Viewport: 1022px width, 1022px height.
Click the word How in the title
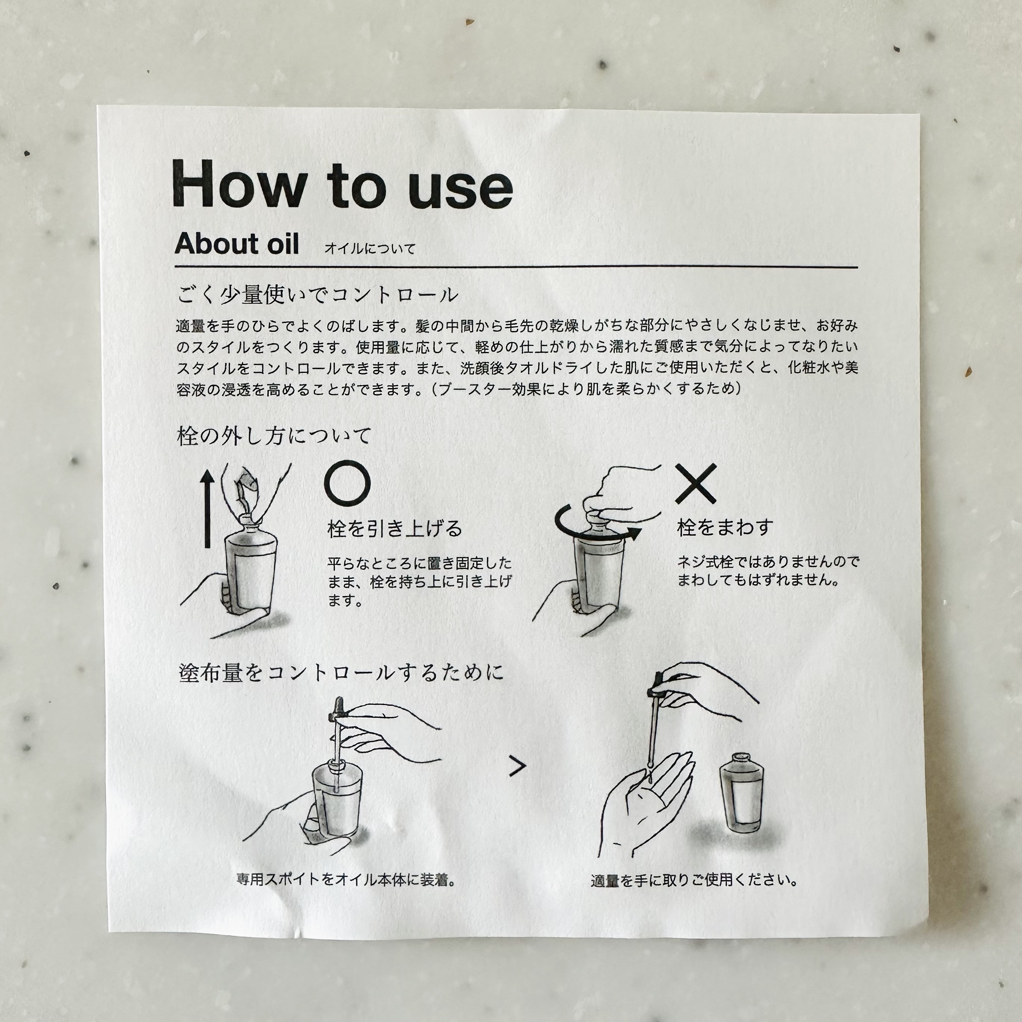point(240,184)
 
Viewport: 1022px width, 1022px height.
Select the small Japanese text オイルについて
point(370,248)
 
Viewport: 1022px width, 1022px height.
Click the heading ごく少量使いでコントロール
point(317,295)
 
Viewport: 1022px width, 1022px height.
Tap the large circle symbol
point(348,483)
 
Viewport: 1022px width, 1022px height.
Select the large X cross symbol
point(696,483)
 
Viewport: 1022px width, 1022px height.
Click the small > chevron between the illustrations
point(517,766)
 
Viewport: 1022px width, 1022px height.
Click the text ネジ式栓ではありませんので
point(768,561)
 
